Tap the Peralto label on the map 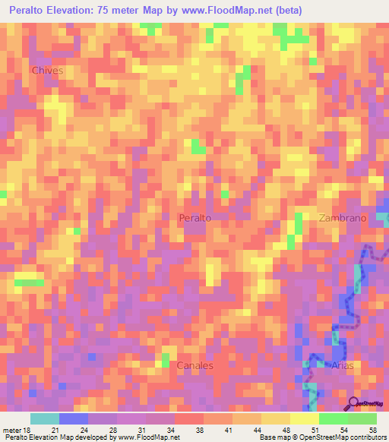click(194, 217)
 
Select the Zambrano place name click(343, 217)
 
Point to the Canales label click(194, 365)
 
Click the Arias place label click(343, 365)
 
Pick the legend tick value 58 click(372, 430)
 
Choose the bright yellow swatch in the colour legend click(304, 418)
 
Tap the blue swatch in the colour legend click(73, 418)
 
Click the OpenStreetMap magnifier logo click(353, 403)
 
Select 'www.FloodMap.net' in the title click(231, 11)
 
